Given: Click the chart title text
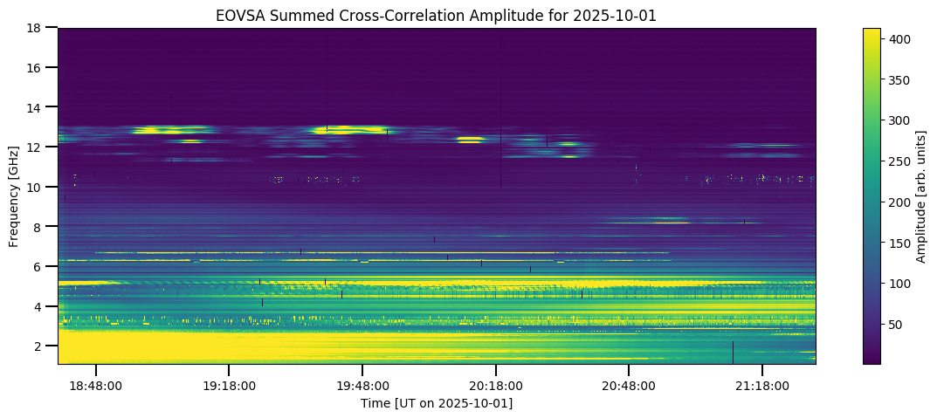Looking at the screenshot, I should tap(437, 15).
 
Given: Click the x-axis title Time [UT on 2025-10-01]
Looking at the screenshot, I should tap(437, 403).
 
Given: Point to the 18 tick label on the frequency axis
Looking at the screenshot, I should tap(34, 28).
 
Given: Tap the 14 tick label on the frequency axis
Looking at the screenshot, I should tap(34, 107).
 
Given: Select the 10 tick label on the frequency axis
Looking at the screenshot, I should tap(34, 187).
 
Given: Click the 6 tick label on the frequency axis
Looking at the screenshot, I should tap(38, 266).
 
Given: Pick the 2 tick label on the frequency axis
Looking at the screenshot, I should tap(38, 346).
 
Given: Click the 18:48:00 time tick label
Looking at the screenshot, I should tap(96, 385).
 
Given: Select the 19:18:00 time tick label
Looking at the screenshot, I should tap(229, 385).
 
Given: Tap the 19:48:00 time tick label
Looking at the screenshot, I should tap(362, 385).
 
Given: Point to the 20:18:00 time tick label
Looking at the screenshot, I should tap(496, 385).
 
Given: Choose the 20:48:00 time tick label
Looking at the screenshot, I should tap(629, 385).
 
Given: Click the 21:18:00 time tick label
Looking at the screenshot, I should tap(762, 385).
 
